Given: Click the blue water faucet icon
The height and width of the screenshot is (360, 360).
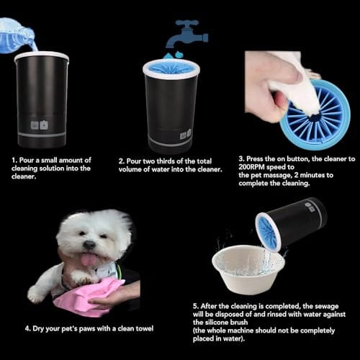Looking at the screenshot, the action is [189, 34].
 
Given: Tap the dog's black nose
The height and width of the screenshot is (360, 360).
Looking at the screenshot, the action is [89, 244].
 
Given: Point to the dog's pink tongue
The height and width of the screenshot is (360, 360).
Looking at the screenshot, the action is [88, 260].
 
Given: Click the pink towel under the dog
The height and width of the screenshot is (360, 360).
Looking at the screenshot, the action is [89, 297].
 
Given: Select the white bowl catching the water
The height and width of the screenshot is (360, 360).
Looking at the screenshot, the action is [248, 269].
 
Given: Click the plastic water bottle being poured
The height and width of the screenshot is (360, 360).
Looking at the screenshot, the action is [17, 36].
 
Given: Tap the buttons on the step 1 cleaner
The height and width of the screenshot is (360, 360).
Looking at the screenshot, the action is [40, 125].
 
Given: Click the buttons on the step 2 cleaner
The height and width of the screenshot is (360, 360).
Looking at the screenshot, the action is [186, 135].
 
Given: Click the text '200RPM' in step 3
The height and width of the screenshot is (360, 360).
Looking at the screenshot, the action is [251, 167].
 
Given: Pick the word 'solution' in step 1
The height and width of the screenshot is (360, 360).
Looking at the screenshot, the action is [52, 168].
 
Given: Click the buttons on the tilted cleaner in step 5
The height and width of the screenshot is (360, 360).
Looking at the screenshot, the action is [310, 207].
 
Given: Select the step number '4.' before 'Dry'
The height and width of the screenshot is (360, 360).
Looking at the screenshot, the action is [28, 328].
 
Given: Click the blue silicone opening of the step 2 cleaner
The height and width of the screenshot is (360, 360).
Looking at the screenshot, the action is [171, 68].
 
